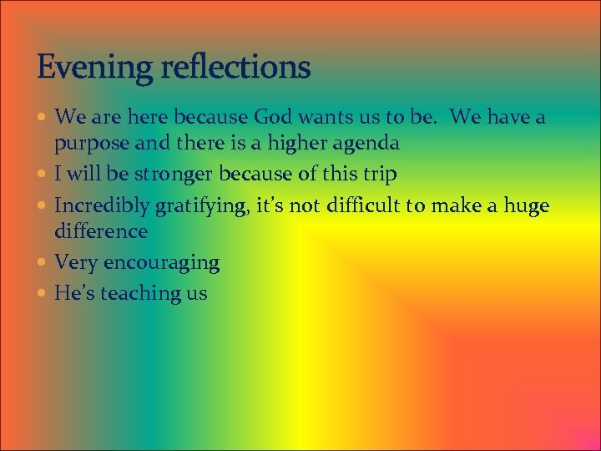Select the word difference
tap(101, 231)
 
